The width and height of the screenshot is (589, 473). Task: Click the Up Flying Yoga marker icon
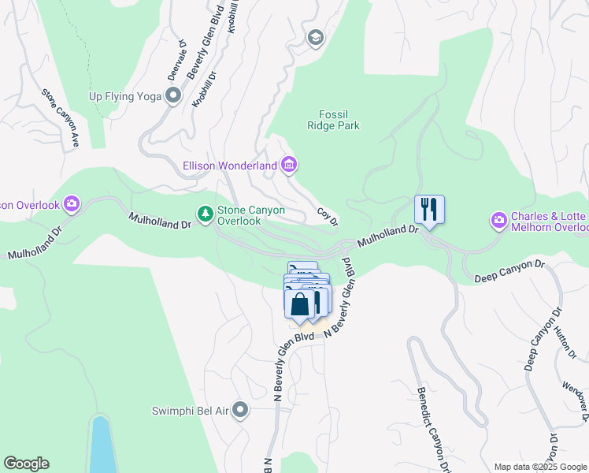pyautogui.click(x=173, y=96)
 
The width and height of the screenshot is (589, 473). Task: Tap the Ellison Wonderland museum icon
pyautogui.click(x=289, y=165)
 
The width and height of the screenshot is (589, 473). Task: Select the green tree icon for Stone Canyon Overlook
pyautogui.click(x=205, y=214)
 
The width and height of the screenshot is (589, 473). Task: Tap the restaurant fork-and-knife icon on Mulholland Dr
pyautogui.click(x=429, y=210)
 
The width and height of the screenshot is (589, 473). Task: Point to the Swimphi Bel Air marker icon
pyautogui.click(x=240, y=410)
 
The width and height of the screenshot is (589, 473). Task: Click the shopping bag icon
pyautogui.click(x=299, y=304)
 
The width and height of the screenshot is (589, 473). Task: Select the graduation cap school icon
pyautogui.click(x=315, y=38)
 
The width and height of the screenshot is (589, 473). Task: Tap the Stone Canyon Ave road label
pyautogui.click(x=61, y=117)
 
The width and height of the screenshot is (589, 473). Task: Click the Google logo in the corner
pyautogui.click(x=26, y=464)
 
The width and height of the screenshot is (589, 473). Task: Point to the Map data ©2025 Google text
pyautogui.click(x=540, y=467)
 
